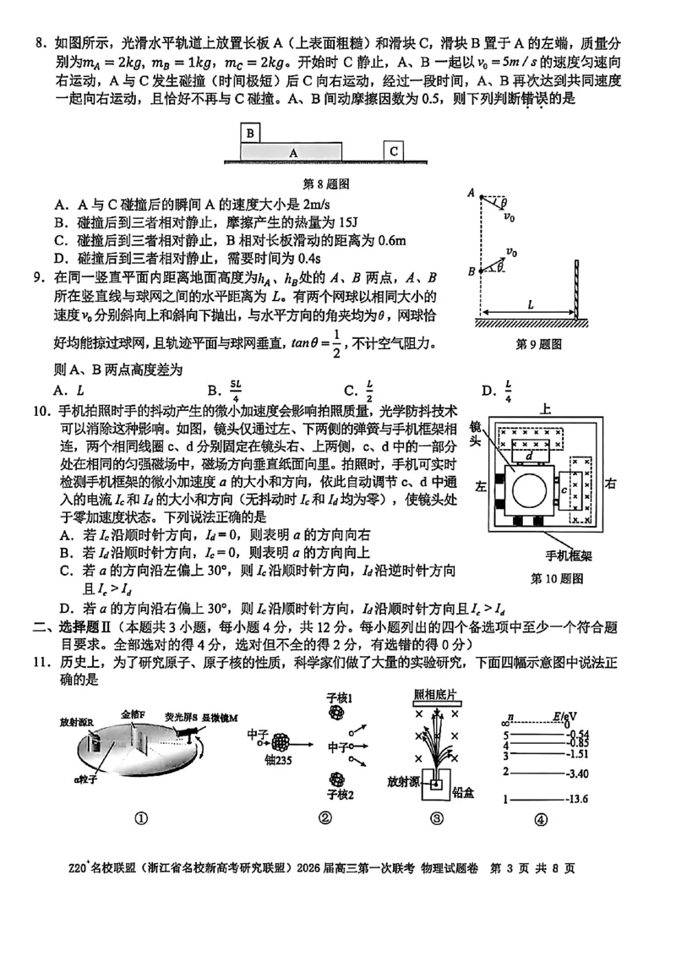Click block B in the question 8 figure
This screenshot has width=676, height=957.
coord(251,133)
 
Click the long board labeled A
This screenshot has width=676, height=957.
coord(292,152)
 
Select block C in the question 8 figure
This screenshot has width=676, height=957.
coord(394,150)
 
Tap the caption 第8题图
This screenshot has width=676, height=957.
coord(325,183)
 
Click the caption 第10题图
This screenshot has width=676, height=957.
coord(556,578)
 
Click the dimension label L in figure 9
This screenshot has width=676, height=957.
coord(528,303)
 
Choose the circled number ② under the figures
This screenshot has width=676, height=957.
coord(324,818)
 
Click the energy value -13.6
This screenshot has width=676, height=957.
coord(578,800)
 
